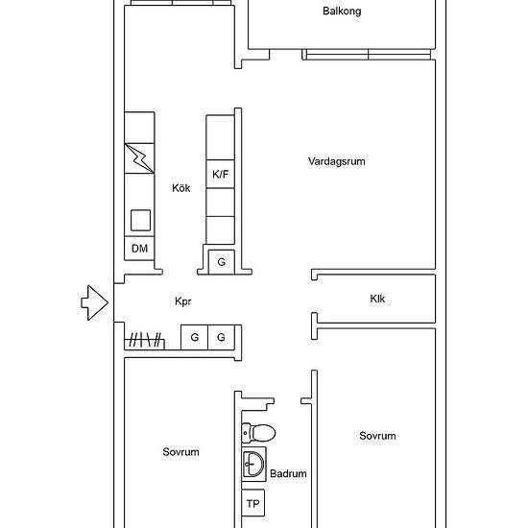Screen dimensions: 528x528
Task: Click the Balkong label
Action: click(x=342, y=12)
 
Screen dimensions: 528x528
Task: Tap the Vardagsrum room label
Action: click(x=336, y=161)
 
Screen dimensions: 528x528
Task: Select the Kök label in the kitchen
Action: click(x=181, y=188)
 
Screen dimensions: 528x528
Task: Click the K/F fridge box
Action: click(x=221, y=174)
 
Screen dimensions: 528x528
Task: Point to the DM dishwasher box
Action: click(x=139, y=249)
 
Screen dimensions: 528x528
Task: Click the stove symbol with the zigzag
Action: click(x=139, y=158)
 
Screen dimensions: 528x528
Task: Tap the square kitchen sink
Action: click(x=140, y=221)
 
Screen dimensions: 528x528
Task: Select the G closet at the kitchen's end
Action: click(x=221, y=262)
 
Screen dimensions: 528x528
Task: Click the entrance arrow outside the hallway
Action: click(x=95, y=302)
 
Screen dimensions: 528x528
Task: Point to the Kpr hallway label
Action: click(x=183, y=301)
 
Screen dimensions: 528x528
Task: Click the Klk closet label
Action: click(x=377, y=299)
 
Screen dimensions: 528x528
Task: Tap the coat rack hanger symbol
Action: click(x=145, y=340)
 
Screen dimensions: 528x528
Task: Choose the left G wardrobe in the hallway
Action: click(x=194, y=337)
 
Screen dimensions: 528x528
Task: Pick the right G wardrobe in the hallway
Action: click(x=221, y=337)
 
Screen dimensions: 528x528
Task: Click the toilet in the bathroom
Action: click(x=258, y=433)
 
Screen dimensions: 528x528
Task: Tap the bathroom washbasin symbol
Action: click(x=253, y=465)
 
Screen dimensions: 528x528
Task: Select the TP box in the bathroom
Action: click(x=253, y=503)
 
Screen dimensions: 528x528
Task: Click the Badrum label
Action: click(x=288, y=474)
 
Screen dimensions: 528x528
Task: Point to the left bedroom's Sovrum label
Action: click(x=180, y=452)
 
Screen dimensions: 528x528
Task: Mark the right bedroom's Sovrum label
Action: click(x=377, y=436)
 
